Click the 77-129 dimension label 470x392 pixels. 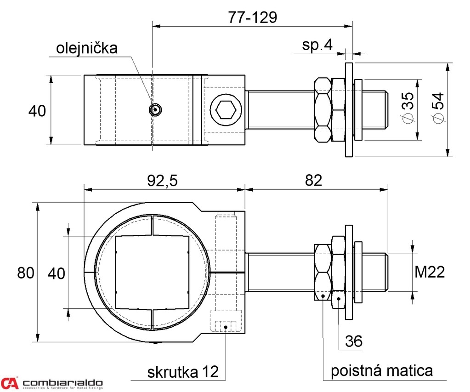[252, 17]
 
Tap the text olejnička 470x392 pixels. [87, 48]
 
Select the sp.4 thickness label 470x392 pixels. [317, 45]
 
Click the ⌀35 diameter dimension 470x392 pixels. [408, 109]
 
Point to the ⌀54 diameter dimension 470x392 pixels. [438, 108]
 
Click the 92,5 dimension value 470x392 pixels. [163, 181]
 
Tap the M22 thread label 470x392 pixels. [430, 273]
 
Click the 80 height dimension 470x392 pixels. [26, 273]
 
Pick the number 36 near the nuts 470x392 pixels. [353, 341]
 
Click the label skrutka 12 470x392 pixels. [183, 371]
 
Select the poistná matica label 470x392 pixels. [382, 370]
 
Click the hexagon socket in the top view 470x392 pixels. [225, 110]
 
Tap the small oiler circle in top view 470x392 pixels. [156, 109]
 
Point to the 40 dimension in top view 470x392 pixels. [37, 111]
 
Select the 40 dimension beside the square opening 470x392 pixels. [57, 273]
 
